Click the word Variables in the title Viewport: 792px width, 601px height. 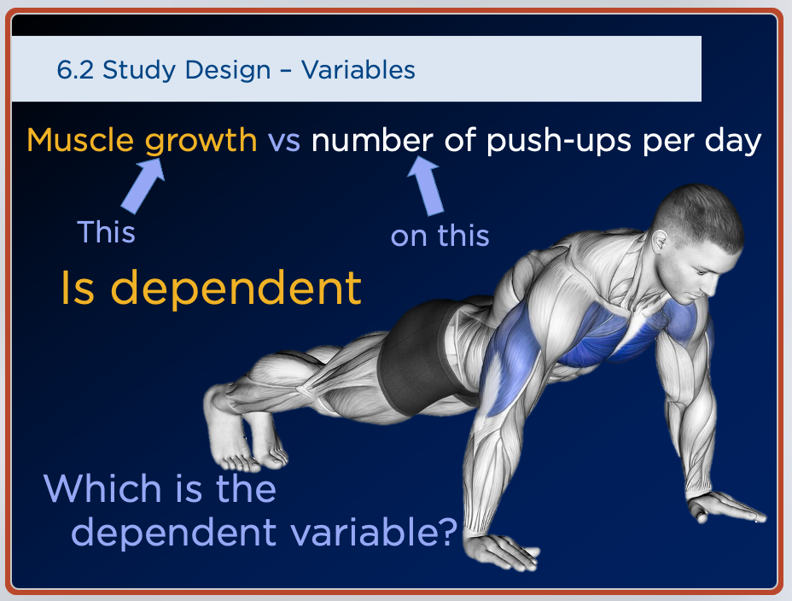click(358, 70)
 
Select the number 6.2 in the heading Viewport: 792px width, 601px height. click(75, 70)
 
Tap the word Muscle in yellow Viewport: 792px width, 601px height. click(80, 140)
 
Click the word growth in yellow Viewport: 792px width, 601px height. click(201, 141)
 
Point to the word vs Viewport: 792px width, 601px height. click(284, 142)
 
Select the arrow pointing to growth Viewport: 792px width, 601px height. click(143, 185)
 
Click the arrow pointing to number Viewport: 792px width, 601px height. click(425, 185)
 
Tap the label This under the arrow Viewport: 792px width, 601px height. click(106, 232)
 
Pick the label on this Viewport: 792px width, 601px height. click(440, 236)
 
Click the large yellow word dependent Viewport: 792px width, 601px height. click(236, 288)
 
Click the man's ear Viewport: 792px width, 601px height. click(659, 242)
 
